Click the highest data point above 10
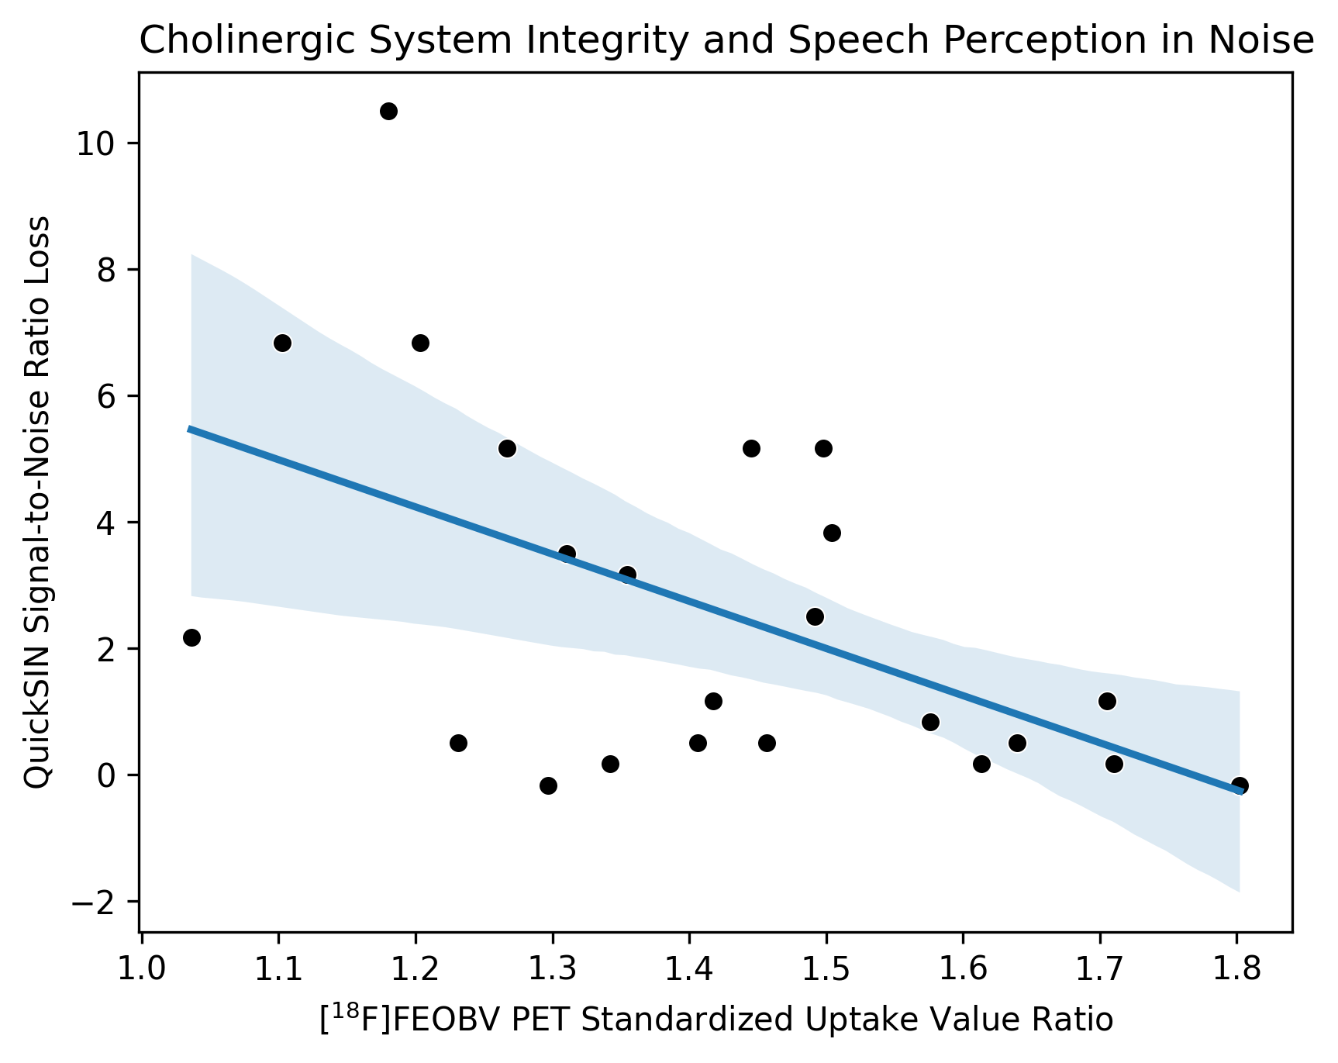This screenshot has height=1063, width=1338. coord(388,111)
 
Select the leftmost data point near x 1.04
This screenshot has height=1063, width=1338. coord(191,637)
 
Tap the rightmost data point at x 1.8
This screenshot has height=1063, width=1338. coord(1240,785)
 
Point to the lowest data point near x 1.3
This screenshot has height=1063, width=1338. coord(548,785)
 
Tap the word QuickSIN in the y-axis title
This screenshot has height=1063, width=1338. coord(36,729)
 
